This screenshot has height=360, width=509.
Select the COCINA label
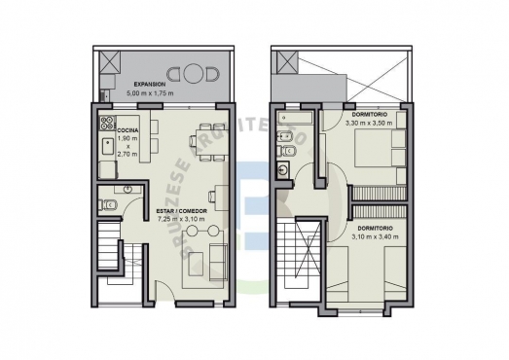point(128,129)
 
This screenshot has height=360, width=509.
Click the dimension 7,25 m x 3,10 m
point(180,220)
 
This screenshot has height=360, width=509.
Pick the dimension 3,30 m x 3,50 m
point(369,124)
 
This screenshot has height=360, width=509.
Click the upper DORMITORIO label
point(369,115)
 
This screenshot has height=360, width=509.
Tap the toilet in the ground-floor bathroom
point(110,204)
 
